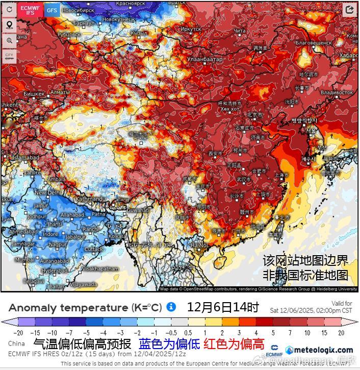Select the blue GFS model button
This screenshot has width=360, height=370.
click(52, 10)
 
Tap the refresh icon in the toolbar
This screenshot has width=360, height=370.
click(9, 10)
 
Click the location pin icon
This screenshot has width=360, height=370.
click(9, 25)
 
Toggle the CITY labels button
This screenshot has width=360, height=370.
click(9, 56)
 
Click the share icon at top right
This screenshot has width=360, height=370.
click(350, 10)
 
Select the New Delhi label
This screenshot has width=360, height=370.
click(47, 193)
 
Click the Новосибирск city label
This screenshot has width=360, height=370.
click(76, 10)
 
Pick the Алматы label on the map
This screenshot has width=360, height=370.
click(60, 92)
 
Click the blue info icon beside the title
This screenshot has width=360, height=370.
click(171, 307)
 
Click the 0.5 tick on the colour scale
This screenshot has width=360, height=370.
click(189, 332)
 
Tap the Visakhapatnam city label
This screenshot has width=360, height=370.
click(100, 268)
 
